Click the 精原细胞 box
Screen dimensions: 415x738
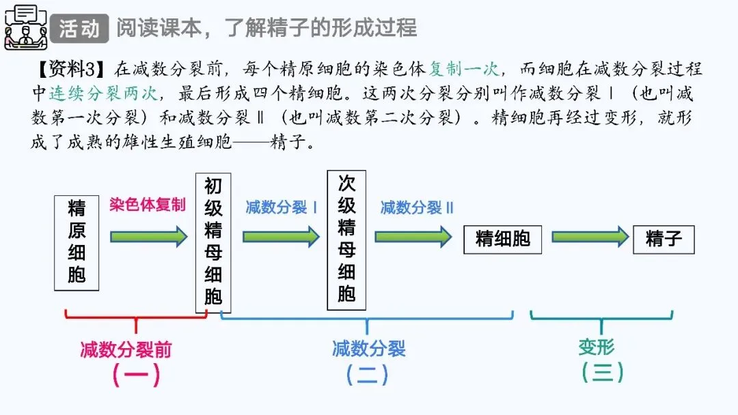click(x=77, y=242)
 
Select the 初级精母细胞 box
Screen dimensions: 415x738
click(x=213, y=242)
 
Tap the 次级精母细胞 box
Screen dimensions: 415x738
click(x=346, y=240)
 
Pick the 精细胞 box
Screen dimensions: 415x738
click(x=502, y=238)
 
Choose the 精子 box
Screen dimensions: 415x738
click(x=663, y=239)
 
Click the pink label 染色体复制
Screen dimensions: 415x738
click(x=147, y=205)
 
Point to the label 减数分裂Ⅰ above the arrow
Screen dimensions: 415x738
click(x=281, y=207)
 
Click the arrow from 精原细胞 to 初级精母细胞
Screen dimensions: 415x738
click(x=148, y=237)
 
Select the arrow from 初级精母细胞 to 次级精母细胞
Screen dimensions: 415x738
click(x=281, y=237)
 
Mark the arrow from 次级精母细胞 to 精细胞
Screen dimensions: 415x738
click(x=413, y=237)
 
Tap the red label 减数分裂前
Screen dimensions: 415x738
click(x=126, y=349)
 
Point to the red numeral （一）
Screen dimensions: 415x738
click(x=136, y=374)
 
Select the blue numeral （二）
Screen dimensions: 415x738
click(x=367, y=374)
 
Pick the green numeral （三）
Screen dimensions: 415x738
click(x=602, y=372)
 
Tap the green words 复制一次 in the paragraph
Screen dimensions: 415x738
click(x=465, y=69)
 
